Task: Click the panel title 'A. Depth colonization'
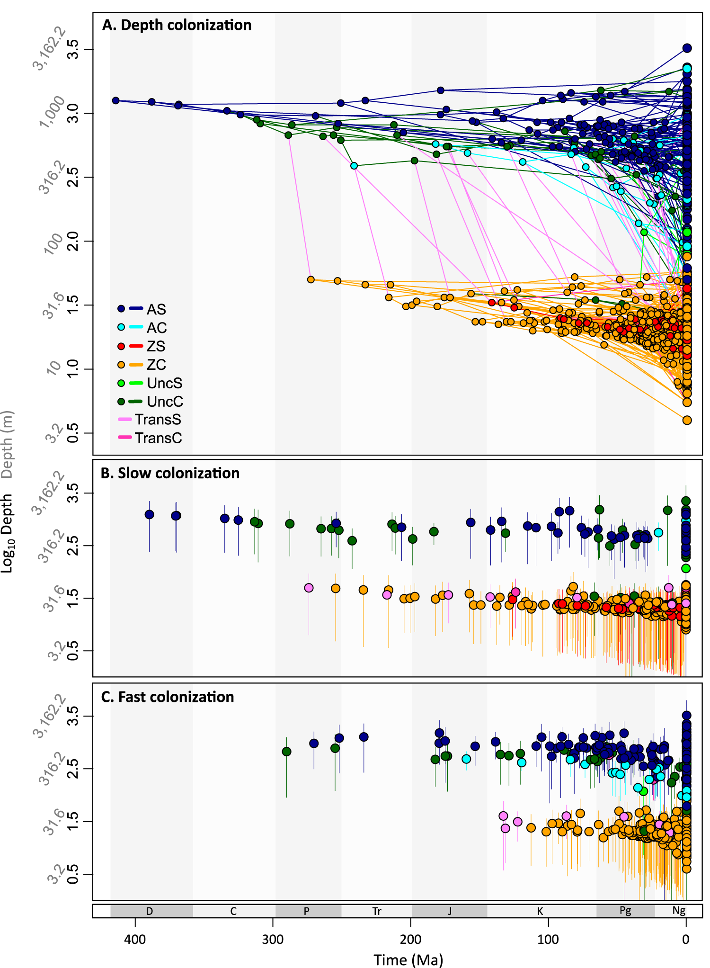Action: (x=177, y=25)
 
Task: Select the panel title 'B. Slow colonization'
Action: (x=170, y=473)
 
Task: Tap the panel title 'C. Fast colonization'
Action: (x=168, y=697)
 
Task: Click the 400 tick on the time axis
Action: (x=135, y=939)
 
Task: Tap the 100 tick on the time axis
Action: (x=549, y=939)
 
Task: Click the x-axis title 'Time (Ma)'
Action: (x=408, y=959)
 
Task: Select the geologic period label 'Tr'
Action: (x=377, y=911)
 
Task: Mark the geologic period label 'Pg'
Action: (x=625, y=911)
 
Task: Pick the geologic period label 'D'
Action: (x=150, y=911)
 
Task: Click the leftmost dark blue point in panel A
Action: (x=115, y=100)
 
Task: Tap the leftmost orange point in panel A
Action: (x=311, y=279)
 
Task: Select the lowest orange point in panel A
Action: (x=687, y=420)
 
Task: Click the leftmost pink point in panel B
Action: (x=309, y=588)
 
